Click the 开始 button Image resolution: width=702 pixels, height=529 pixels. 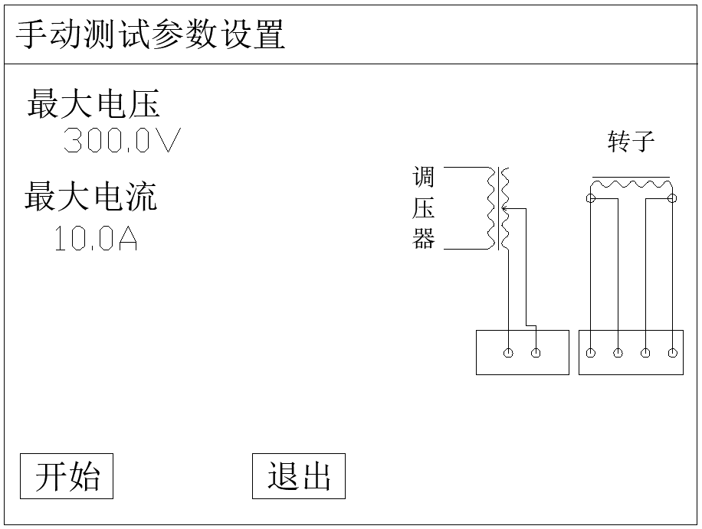click(67, 476)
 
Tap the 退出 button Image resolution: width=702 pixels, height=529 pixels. click(299, 476)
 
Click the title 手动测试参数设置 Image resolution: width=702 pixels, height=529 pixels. click(151, 35)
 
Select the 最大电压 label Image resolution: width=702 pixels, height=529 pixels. click(93, 103)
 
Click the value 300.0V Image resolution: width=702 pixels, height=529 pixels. click(122, 141)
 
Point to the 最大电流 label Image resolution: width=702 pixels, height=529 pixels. click(91, 197)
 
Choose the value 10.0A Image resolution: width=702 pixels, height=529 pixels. click(96, 239)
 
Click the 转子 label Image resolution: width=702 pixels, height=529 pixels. click(631, 142)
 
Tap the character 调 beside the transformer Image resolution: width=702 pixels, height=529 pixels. click(424, 178)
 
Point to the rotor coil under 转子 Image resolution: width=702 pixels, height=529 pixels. click(631, 184)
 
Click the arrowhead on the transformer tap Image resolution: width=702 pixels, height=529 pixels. click(505, 207)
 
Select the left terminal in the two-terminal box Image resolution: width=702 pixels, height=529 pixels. click(508, 353)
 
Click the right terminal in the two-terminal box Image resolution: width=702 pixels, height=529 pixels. click(536, 353)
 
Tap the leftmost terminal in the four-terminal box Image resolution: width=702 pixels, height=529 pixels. click(590, 353)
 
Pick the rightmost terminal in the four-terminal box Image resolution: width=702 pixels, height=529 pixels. click(672, 353)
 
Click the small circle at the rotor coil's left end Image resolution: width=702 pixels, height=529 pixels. click(590, 199)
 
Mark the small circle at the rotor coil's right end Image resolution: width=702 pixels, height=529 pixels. click(672, 199)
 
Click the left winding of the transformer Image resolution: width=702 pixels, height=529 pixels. click(490, 208)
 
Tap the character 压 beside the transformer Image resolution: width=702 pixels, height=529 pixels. click(424, 209)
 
